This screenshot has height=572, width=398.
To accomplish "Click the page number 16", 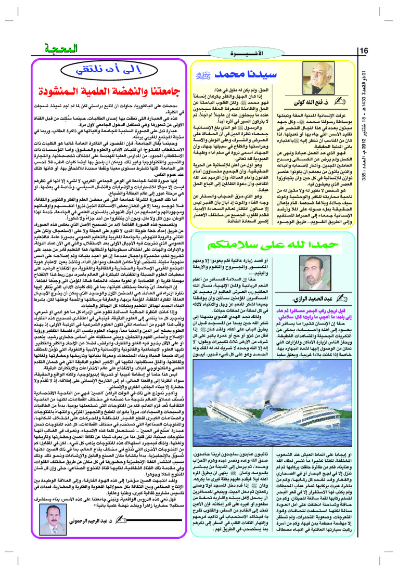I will point(364,50).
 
